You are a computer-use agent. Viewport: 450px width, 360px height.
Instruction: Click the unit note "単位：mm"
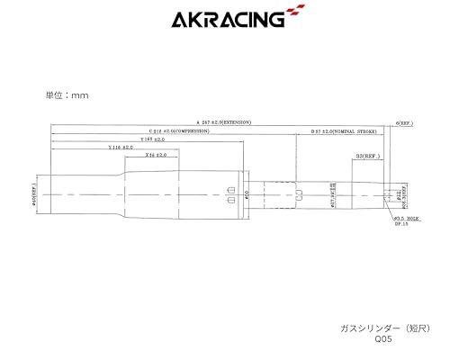(x=67, y=94)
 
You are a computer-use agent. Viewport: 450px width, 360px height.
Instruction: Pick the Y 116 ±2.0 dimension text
(x=120, y=147)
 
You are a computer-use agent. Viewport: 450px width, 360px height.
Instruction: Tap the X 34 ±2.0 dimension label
(x=155, y=154)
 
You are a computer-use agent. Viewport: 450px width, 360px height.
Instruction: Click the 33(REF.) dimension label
(x=366, y=155)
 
